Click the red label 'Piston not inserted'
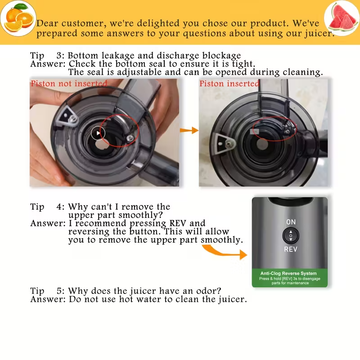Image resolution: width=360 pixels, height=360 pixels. pos(69,84)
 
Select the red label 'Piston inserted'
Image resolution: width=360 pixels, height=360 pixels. pos(229,84)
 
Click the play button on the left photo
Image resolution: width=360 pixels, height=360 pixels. pos(98,133)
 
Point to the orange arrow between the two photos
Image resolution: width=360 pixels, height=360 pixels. pos(189,130)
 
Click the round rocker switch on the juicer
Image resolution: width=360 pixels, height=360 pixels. pos(291,235)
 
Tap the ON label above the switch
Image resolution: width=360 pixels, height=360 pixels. pos(291,222)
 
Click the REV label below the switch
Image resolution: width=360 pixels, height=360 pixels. pos(291,249)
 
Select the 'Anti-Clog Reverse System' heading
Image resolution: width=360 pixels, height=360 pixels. pos(288,273)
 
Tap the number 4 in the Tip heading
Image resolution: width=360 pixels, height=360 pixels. pos(60,207)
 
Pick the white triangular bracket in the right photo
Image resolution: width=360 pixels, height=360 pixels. pos(224,143)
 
